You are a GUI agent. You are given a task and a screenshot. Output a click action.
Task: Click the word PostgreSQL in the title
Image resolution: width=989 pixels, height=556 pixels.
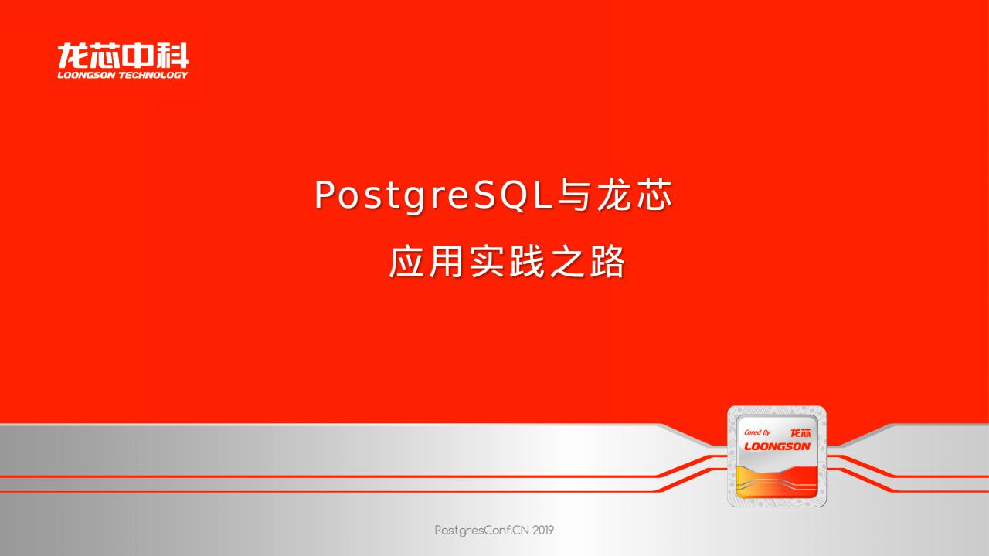pyautogui.click(x=434, y=195)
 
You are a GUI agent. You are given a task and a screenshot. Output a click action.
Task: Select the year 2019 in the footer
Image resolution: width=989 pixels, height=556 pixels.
pyautogui.click(x=543, y=530)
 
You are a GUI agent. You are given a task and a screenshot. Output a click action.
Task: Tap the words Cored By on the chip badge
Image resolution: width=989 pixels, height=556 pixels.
pyautogui.click(x=757, y=432)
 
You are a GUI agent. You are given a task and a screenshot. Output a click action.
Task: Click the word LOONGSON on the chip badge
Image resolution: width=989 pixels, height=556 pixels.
pyautogui.click(x=777, y=446)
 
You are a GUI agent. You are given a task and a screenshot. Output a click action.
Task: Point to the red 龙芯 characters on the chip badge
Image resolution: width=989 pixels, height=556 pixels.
pyautogui.click(x=800, y=433)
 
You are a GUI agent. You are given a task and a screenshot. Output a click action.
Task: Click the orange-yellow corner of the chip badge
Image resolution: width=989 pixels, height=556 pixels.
pyautogui.click(x=750, y=483)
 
